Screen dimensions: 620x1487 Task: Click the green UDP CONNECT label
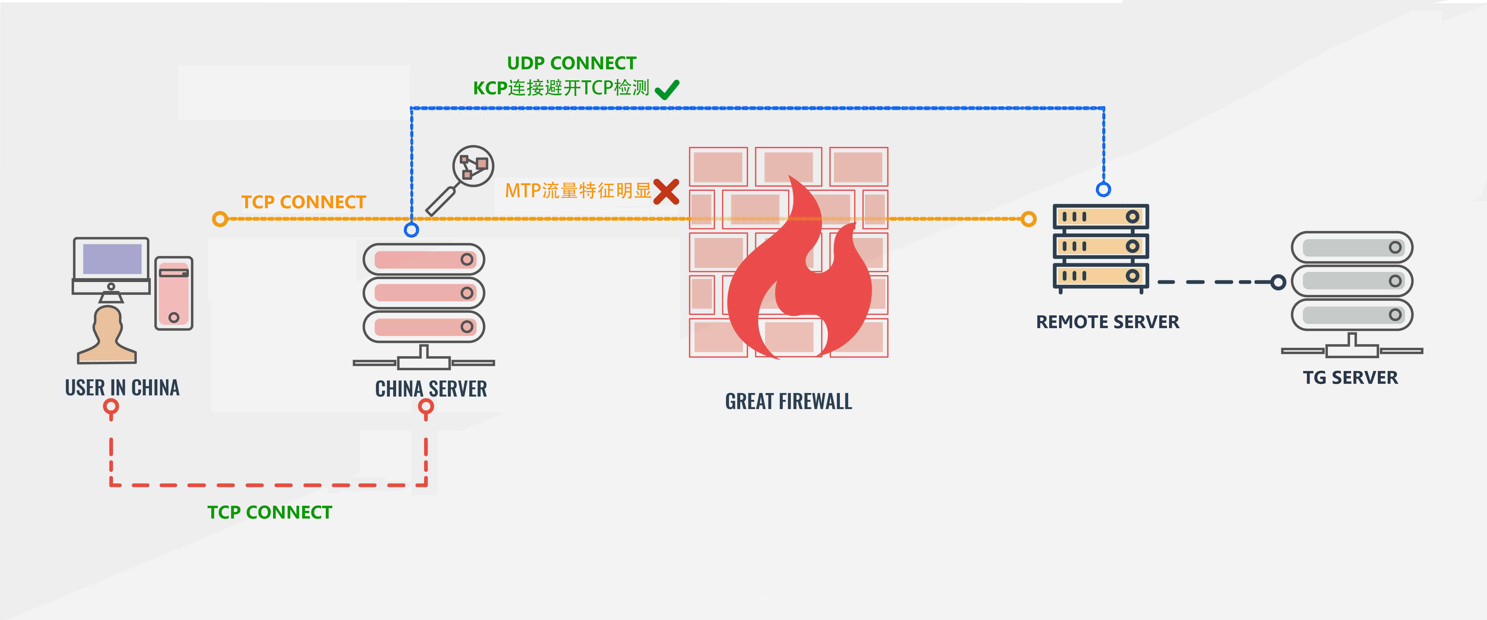(572, 63)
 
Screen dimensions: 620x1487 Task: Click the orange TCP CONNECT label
(304, 202)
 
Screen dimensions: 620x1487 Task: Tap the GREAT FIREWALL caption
(788, 401)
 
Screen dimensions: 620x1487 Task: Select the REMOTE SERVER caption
(1107, 322)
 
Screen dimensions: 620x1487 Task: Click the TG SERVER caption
(1350, 378)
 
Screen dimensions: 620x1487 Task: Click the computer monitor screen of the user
(112, 259)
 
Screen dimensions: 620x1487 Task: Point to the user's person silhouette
(107, 335)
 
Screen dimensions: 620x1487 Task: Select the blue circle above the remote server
(1103, 189)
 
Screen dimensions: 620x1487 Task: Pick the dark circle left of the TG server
(1278, 282)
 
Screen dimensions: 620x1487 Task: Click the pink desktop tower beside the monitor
(174, 293)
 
